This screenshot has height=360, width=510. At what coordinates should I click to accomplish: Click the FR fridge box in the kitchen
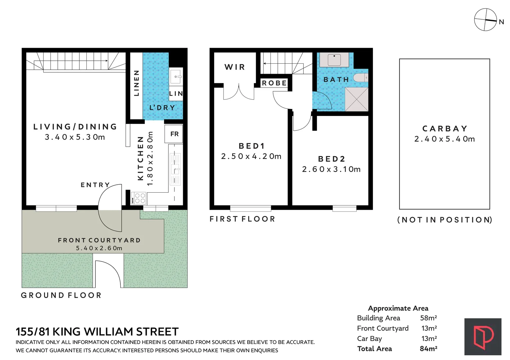pyautogui.click(x=174, y=134)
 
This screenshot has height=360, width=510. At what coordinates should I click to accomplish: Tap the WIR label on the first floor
pyautogui.click(x=235, y=67)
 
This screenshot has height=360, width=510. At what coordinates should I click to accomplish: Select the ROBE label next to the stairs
pyautogui.click(x=274, y=83)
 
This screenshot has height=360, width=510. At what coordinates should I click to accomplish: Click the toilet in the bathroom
pyautogui.click(x=361, y=78)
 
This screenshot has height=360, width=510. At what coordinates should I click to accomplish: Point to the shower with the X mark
pyautogui.click(x=356, y=99)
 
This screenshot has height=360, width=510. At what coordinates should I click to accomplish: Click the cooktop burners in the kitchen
pyautogui.click(x=138, y=198)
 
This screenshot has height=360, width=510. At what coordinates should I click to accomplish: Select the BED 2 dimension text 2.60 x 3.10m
pyautogui.click(x=331, y=169)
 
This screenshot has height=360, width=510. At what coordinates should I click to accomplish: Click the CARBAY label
pyautogui.click(x=445, y=129)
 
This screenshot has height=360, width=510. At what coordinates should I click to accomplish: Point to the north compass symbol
pyautogui.click(x=486, y=20)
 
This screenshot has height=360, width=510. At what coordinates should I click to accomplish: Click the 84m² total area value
pyautogui.click(x=428, y=349)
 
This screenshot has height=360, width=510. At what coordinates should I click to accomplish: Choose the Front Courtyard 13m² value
pyautogui.click(x=429, y=328)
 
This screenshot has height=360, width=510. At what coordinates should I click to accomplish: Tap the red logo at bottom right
pyautogui.click(x=483, y=337)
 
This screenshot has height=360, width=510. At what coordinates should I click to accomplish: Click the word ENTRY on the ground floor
pyautogui.click(x=95, y=185)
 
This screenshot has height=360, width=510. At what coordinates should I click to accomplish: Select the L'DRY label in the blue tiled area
pyautogui.click(x=162, y=108)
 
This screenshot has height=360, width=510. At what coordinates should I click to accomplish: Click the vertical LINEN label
pyautogui.click(x=136, y=83)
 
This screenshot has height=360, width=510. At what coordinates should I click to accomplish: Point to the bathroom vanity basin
pyautogui.click(x=334, y=60)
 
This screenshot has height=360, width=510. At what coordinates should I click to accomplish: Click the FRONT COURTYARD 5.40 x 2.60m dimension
pyautogui.click(x=99, y=248)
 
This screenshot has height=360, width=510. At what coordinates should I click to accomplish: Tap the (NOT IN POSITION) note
pyautogui.click(x=445, y=220)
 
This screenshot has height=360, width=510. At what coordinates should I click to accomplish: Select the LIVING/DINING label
pyautogui.click(x=75, y=127)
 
